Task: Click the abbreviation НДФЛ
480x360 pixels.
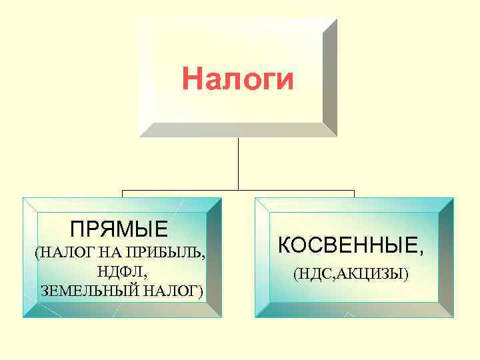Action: point(121,272)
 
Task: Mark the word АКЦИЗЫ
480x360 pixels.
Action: point(373,274)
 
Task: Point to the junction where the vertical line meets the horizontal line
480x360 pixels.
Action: point(238,190)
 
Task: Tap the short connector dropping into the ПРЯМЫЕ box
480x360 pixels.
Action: point(122,193)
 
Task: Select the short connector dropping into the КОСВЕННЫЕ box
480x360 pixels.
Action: point(354,193)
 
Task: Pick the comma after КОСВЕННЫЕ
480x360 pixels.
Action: point(420,253)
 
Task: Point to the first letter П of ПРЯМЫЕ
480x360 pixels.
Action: point(78,230)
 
